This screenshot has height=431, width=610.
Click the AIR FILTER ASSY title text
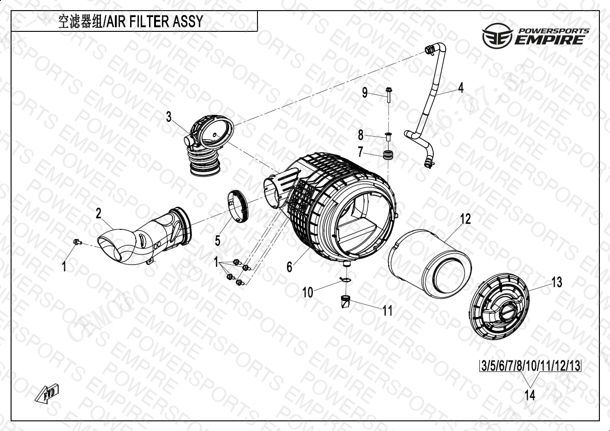(x=131, y=22)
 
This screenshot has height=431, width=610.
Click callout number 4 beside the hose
(x=460, y=88)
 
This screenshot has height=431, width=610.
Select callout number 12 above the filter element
(x=466, y=219)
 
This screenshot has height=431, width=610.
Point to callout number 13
(x=557, y=282)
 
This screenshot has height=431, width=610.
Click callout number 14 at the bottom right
(x=530, y=395)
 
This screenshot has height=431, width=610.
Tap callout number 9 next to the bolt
(x=365, y=93)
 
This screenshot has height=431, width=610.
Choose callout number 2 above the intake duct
(x=98, y=213)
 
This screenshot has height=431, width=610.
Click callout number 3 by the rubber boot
(x=169, y=117)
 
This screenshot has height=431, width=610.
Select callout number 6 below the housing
(x=289, y=267)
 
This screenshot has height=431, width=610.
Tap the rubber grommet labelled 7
(x=388, y=154)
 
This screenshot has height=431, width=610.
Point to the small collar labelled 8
(x=388, y=136)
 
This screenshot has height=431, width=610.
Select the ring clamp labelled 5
(x=238, y=206)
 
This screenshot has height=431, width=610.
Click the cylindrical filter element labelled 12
(x=430, y=262)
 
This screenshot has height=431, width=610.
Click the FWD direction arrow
(x=47, y=392)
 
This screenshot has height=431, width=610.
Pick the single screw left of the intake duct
(x=77, y=241)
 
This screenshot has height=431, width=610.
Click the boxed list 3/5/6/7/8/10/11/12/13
(x=530, y=366)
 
